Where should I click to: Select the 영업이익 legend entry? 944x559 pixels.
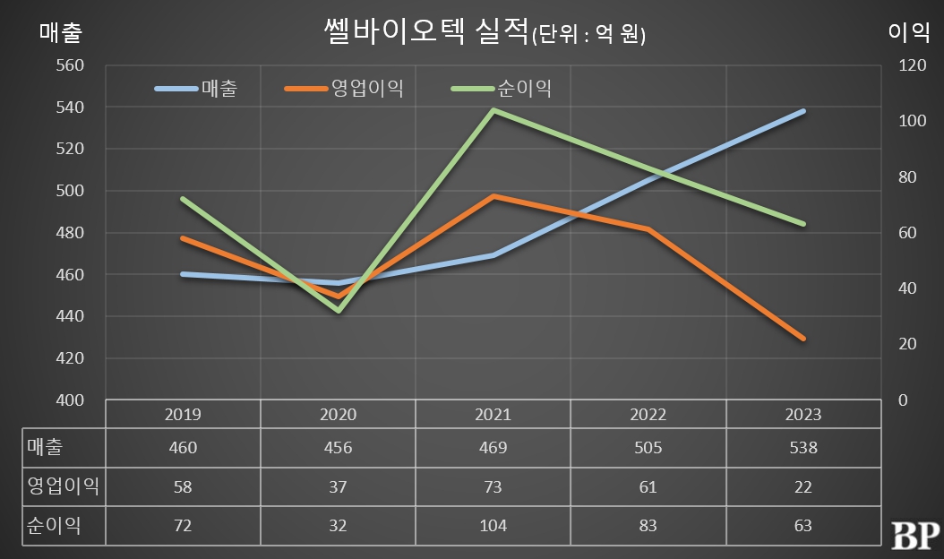point(344,89)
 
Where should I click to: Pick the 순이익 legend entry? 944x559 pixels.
point(502,89)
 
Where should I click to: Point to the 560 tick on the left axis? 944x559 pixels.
point(69,65)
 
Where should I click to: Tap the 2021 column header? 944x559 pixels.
point(493,415)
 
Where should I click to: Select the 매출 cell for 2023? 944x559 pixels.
point(803,448)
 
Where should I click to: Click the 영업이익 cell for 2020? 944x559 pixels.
point(339,487)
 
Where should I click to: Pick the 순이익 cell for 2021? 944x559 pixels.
point(493,526)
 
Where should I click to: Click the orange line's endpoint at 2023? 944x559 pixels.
point(803,339)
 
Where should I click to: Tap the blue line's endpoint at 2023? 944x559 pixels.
point(803,111)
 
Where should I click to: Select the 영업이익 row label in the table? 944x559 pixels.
point(63,487)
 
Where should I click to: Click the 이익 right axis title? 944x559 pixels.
point(909,32)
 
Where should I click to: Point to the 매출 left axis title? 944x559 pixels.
point(61,32)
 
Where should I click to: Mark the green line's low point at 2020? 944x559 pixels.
point(339,310)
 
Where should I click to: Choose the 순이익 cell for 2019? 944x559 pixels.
point(183,526)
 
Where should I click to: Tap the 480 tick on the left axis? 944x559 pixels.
point(69,233)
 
